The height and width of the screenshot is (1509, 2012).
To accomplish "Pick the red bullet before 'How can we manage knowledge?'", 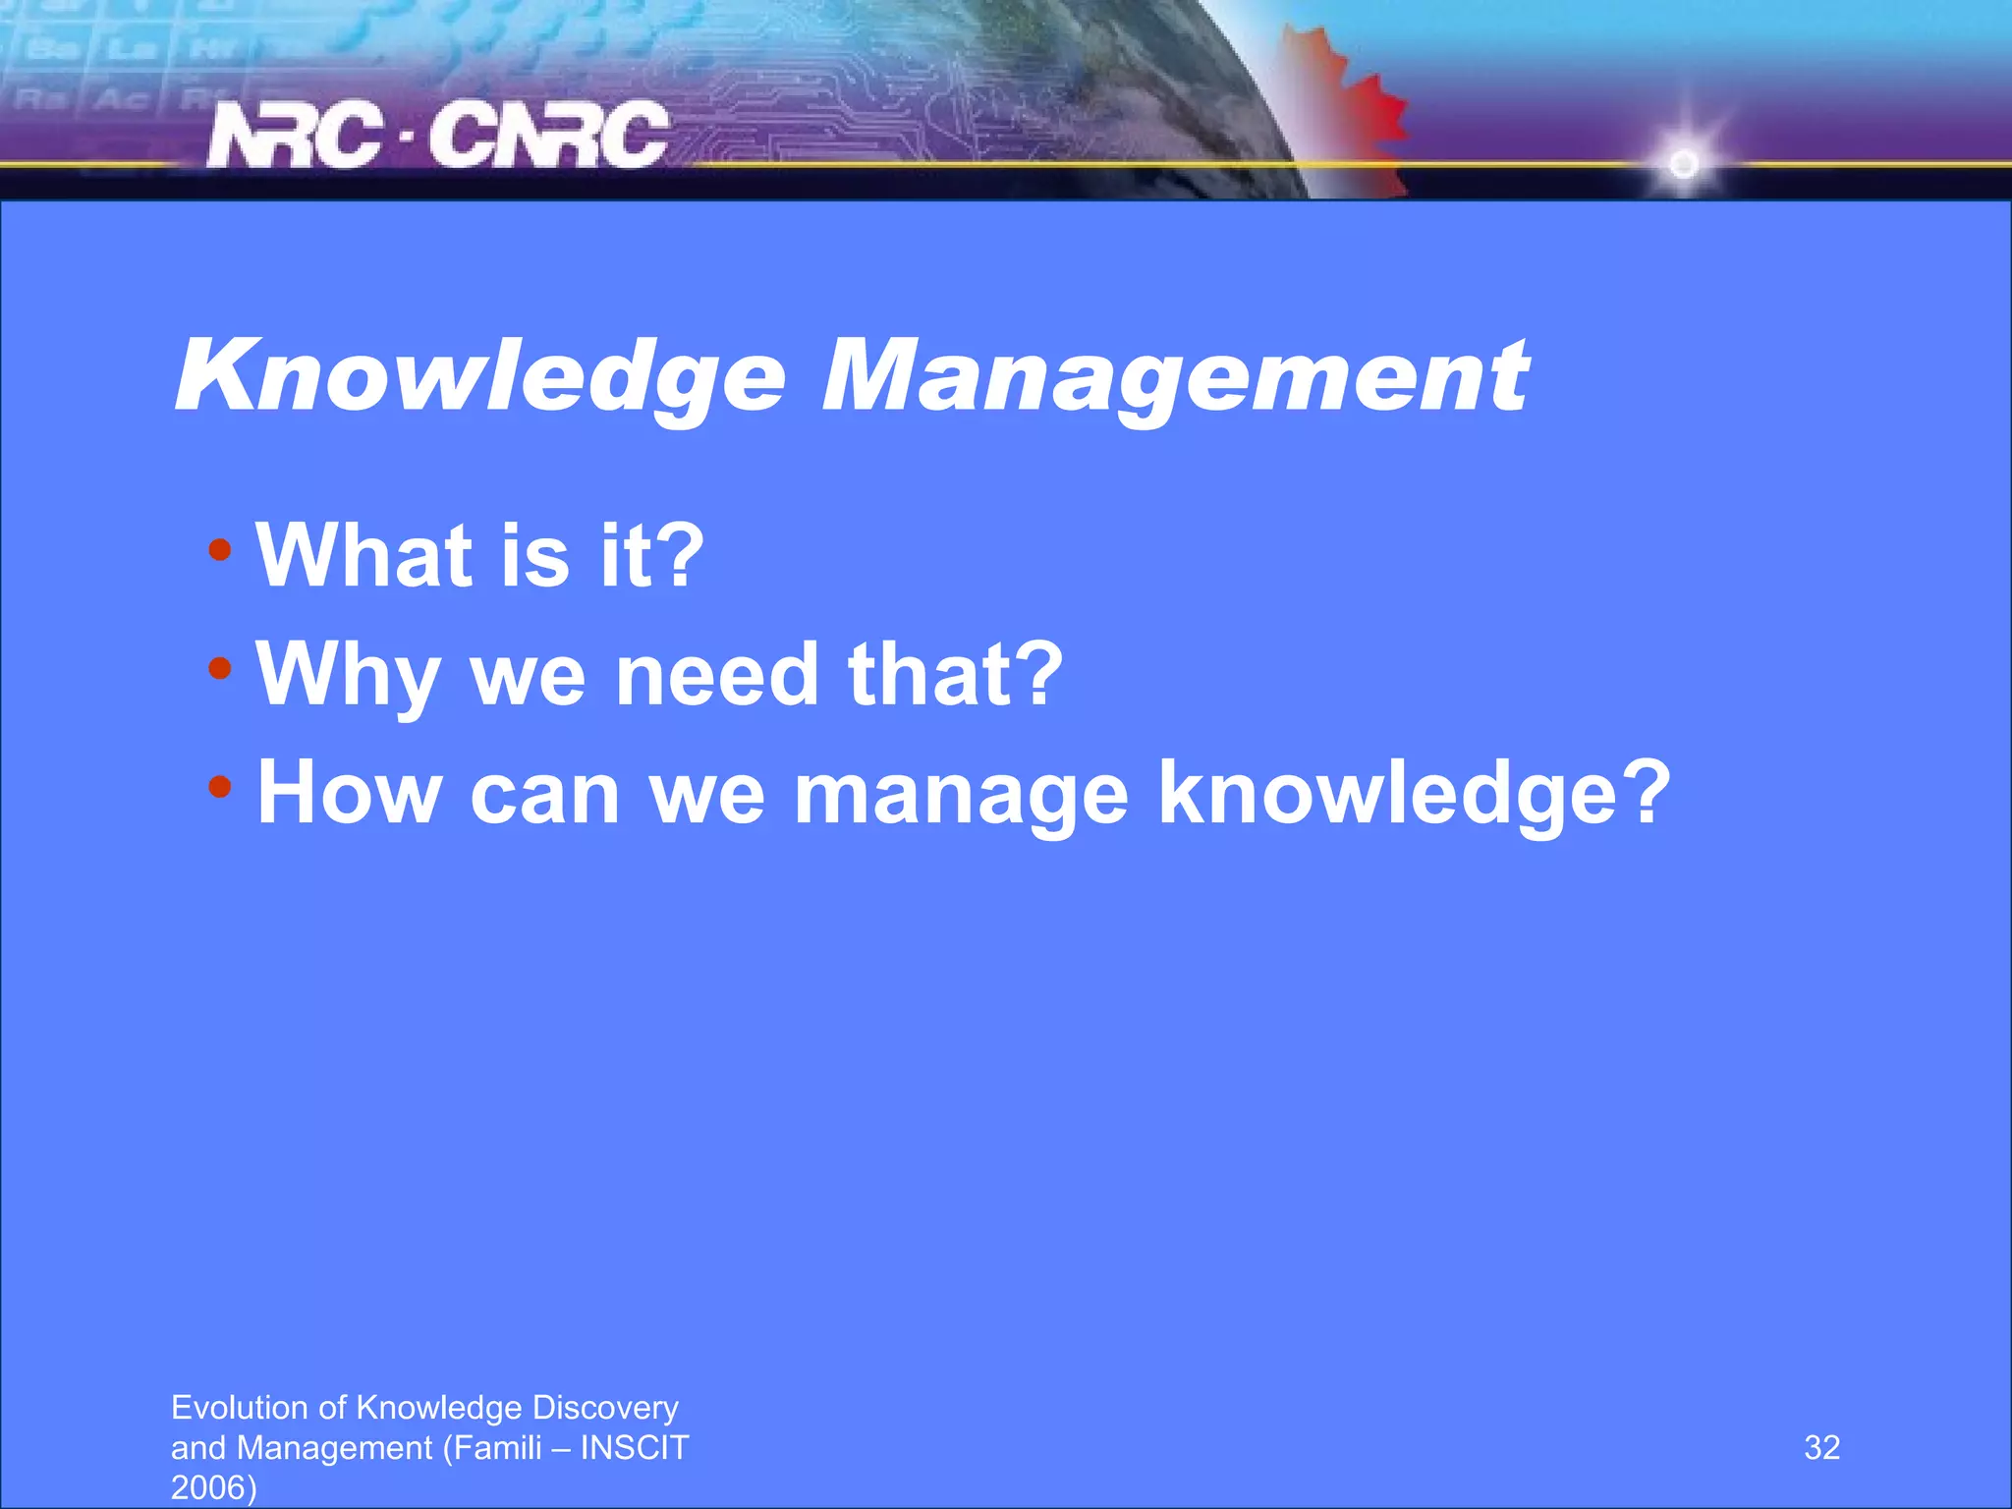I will (x=220, y=787).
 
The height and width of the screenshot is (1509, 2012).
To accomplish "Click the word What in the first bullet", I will (x=363, y=556).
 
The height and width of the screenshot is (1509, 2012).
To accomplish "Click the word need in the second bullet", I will (x=716, y=676).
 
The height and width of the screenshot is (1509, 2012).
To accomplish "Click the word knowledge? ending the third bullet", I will (x=1414, y=793).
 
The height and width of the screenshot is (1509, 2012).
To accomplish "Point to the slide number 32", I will (x=1821, y=1448).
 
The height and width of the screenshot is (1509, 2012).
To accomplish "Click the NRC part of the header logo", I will (x=295, y=136).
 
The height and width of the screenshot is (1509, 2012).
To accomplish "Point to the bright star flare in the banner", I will (x=1684, y=163).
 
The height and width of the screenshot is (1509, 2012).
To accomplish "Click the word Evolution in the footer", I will (x=241, y=1408).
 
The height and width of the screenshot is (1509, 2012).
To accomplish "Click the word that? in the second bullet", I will (x=955, y=676).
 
